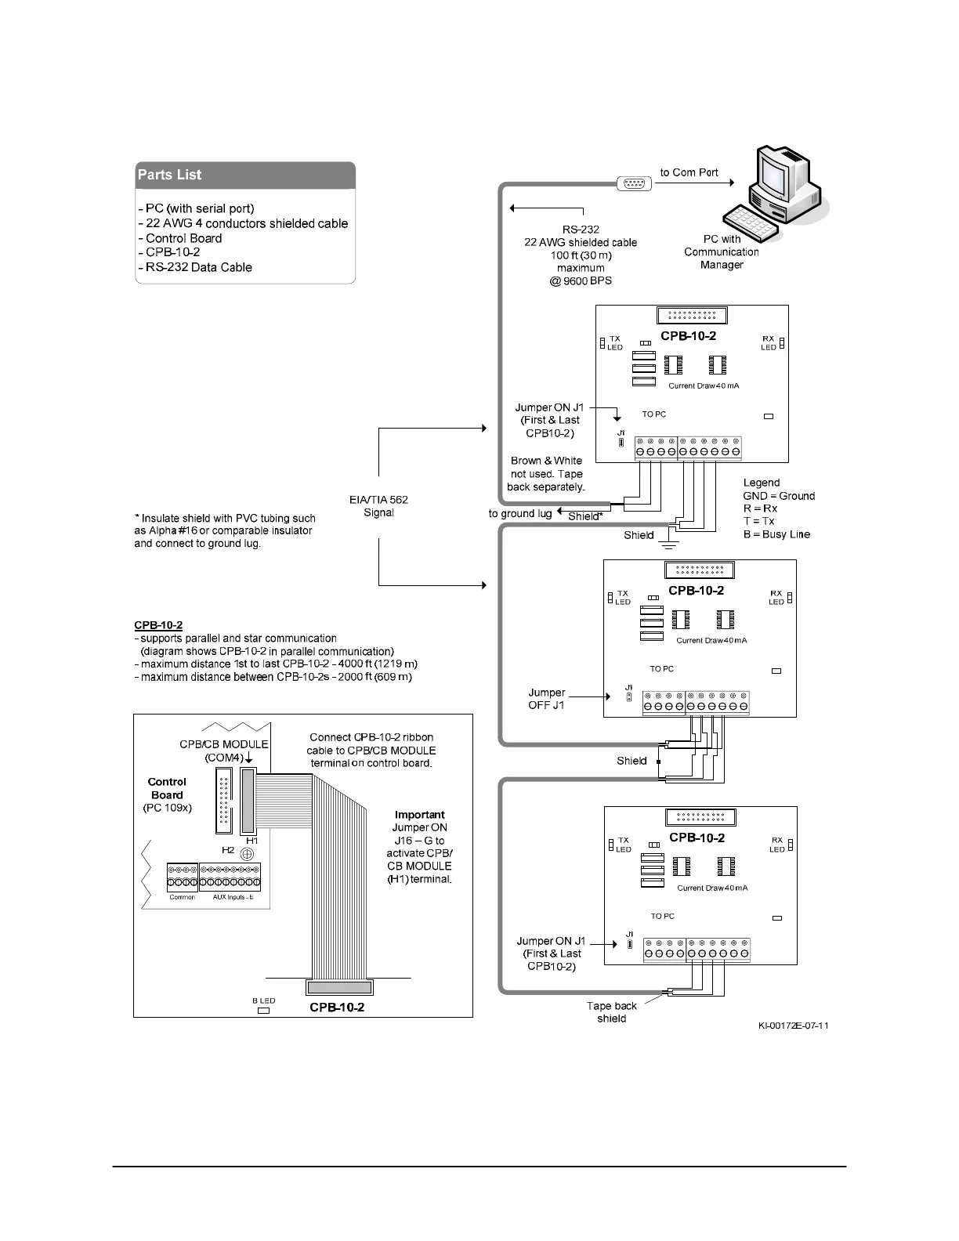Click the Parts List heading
pos(169,175)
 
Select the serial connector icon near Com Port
pos(634,183)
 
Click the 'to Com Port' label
pos(689,172)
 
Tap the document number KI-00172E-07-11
pos(793,1026)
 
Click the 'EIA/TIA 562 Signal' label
pos(378,506)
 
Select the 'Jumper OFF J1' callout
pos(547,699)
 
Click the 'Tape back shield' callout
pos(612,1012)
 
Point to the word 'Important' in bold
pos(420,815)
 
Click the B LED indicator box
pos(263,1011)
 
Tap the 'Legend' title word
pos(762,483)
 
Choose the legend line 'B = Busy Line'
pos(776,534)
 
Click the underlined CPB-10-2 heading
pos(158,625)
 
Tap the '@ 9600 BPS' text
pos(581,280)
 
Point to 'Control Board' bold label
pos(167,788)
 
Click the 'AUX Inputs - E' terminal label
pos(233,897)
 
